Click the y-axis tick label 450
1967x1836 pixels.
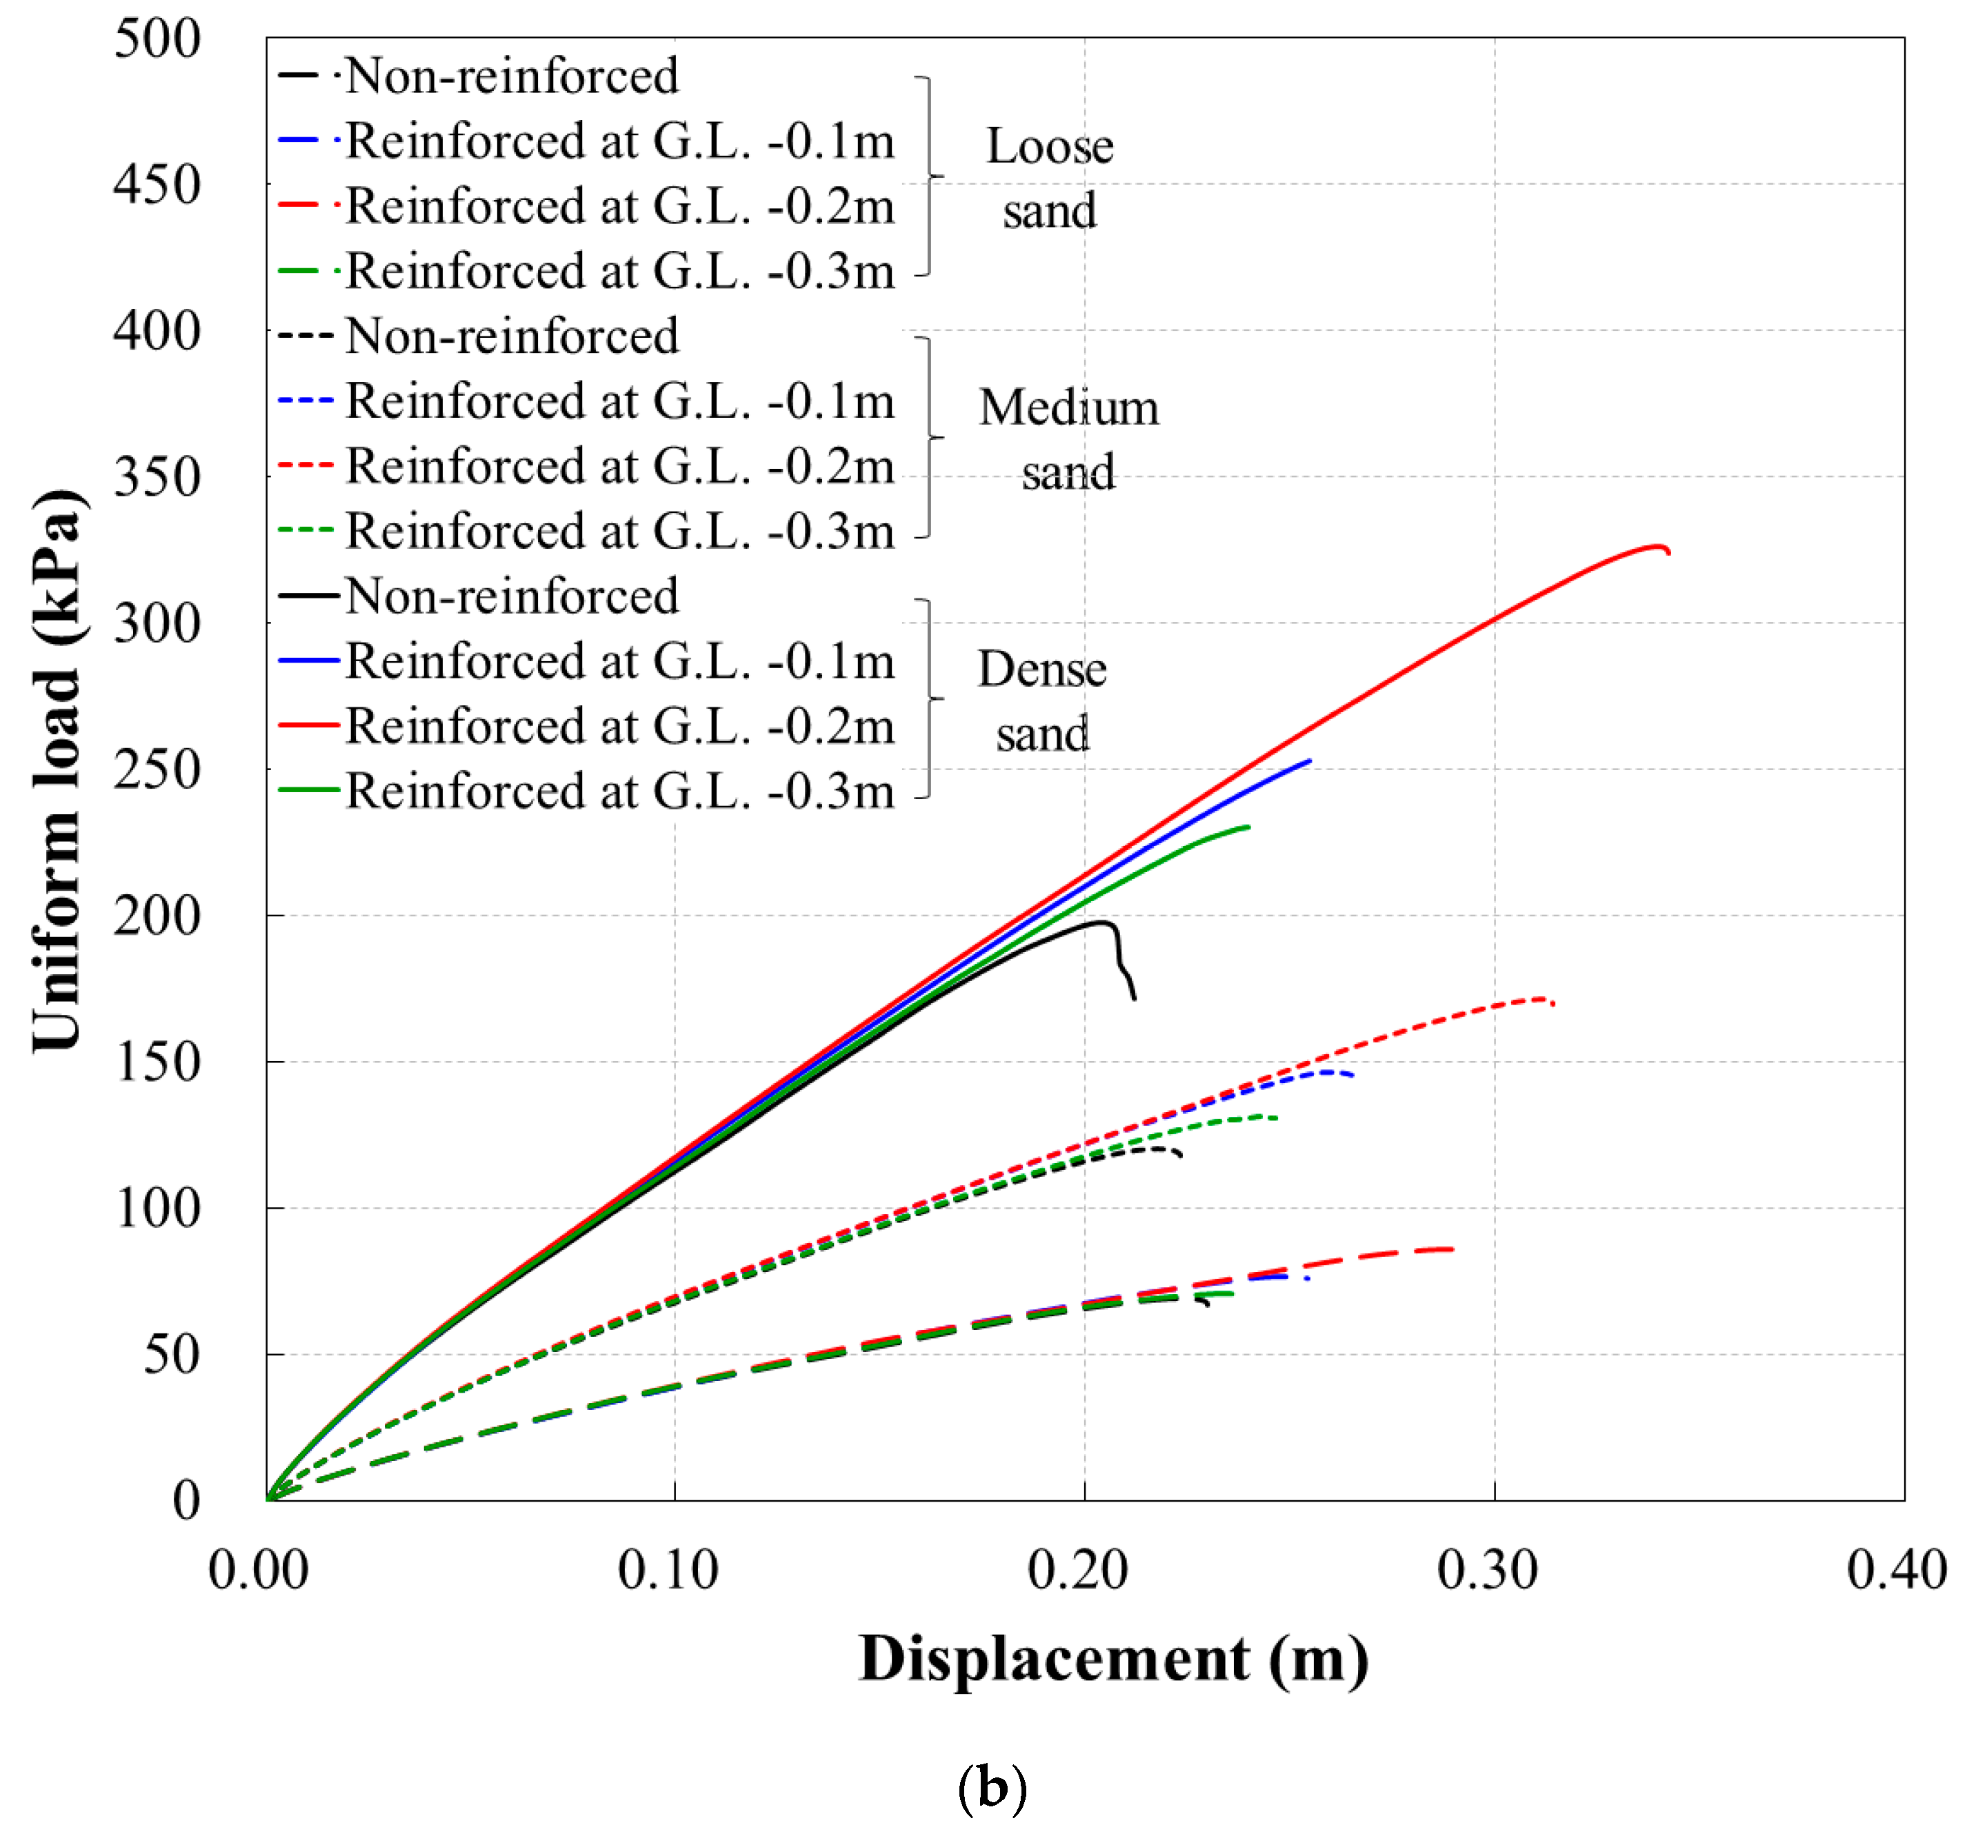157,185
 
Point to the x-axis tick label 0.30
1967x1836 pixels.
1487,1570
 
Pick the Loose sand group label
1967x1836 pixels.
1049,178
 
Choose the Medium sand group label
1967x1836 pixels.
1068,439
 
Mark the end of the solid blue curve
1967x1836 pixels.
1309,760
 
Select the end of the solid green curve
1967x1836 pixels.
1248,827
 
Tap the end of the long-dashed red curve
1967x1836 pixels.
1452,1249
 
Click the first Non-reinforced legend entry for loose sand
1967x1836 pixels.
512,76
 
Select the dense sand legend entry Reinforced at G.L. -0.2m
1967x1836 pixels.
619,727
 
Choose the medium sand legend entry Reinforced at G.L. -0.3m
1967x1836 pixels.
619,532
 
